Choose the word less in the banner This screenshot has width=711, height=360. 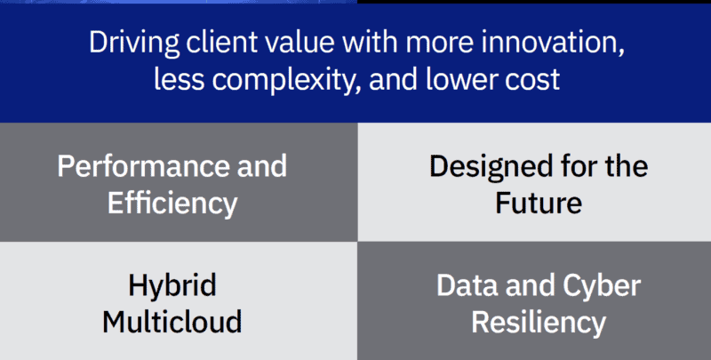point(180,79)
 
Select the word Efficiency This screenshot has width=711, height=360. point(172,204)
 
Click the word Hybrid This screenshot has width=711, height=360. point(172,286)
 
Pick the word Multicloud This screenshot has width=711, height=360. point(172,321)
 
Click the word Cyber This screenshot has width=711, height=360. point(602,286)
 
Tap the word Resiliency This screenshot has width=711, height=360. point(539,323)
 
